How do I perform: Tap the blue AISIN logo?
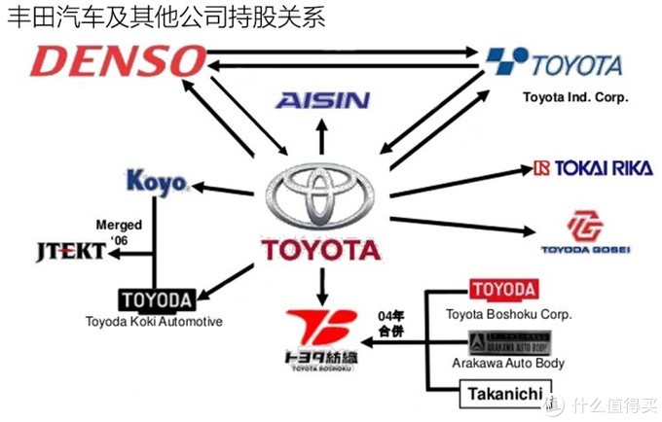tap(321, 100)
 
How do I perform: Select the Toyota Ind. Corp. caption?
tap(575, 97)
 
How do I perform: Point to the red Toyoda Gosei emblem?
tap(585, 225)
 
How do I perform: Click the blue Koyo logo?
tap(157, 182)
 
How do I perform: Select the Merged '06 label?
tap(119, 230)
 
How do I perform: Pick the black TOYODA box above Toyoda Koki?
tap(156, 299)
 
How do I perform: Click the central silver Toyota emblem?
tap(321, 193)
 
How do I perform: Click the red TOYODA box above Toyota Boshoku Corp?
tap(503, 290)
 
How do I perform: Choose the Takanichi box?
tap(503, 393)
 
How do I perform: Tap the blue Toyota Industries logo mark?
tap(507, 61)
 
